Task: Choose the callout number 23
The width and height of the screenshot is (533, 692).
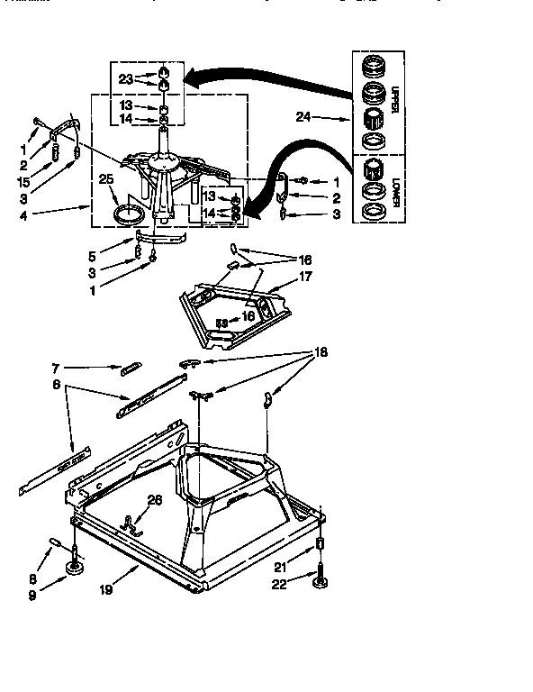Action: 124,78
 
